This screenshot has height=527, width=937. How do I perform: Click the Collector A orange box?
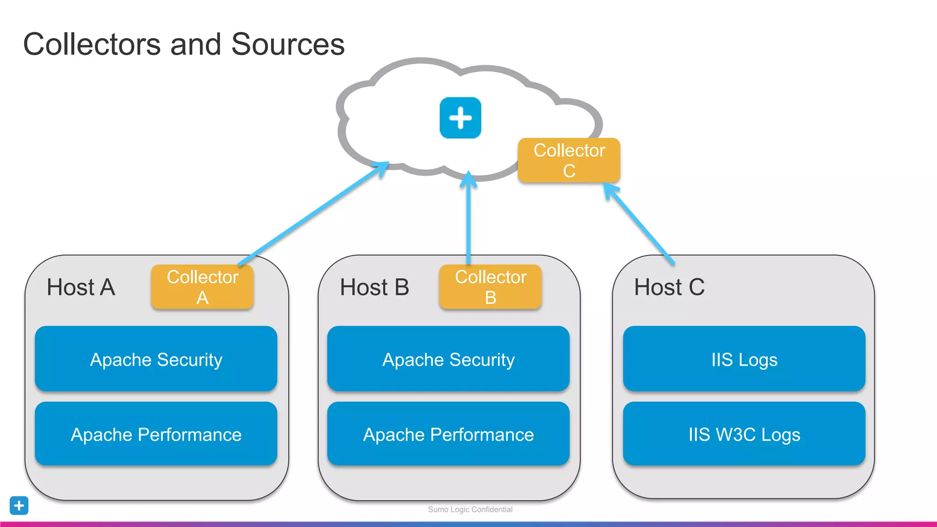point(202,287)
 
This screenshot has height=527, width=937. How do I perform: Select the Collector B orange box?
point(490,287)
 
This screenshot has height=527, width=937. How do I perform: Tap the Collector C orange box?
point(569,160)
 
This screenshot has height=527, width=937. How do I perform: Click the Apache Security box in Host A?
point(156,359)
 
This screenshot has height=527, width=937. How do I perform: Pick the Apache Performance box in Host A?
point(156,434)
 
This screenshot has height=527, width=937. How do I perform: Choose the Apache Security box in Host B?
point(448,359)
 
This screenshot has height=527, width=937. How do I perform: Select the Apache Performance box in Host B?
point(448,434)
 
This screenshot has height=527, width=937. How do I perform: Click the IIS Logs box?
point(744,359)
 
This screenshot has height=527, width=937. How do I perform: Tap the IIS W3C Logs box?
point(744,434)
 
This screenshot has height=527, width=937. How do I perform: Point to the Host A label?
point(81,287)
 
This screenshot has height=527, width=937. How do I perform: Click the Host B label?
point(374,287)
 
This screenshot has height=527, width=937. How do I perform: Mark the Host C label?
point(669,287)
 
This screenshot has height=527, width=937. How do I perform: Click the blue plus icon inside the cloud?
point(460,118)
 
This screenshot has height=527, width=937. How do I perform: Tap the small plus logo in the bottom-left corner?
point(19,505)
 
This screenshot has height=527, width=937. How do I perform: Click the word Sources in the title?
point(288,44)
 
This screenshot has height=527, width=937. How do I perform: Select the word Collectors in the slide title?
point(92,44)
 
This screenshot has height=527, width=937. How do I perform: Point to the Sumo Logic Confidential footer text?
point(470,510)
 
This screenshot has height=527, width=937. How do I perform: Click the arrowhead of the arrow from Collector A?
point(382,167)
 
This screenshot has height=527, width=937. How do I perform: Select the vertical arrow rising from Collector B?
point(468,220)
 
